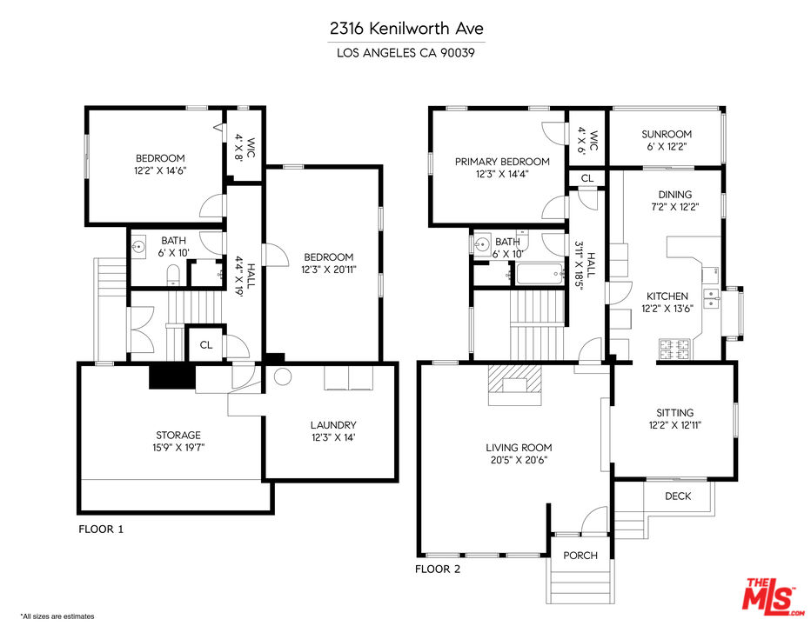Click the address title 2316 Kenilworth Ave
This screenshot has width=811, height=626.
coord(405,29)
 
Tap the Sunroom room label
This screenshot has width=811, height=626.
coord(666,134)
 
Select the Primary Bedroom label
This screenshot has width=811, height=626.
coord(502,162)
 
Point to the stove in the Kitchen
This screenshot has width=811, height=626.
coord(676,350)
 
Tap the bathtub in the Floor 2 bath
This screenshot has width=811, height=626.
coord(538,276)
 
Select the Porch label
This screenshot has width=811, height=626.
coord(580,555)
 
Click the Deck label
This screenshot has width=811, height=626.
coord(678,496)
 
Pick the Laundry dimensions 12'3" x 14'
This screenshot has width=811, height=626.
coord(333,437)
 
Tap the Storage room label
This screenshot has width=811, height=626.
coord(178,435)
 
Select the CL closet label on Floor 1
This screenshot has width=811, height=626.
coord(206,344)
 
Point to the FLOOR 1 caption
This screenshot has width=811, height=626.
coord(102,529)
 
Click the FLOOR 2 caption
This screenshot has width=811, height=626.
coord(437,569)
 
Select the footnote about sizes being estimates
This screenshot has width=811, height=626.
coord(57,616)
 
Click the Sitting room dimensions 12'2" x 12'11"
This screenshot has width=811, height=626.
coord(675,425)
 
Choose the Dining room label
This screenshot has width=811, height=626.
coord(675,194)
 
